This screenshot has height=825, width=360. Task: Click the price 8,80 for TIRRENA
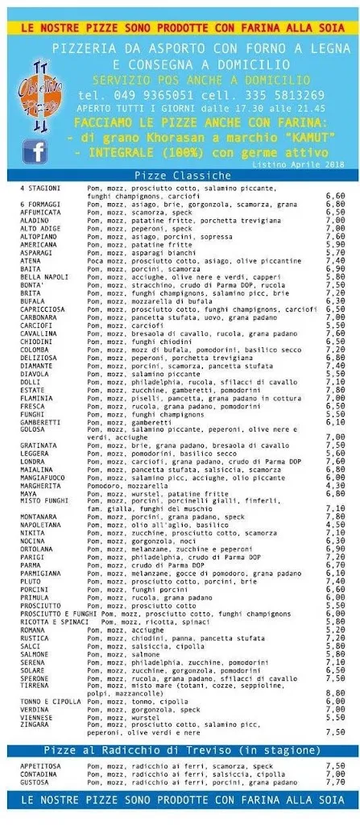(x=335, y=692)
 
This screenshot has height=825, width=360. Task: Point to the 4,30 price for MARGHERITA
(x=335, y=485)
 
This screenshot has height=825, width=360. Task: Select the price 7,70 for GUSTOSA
(x=335, y=781)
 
